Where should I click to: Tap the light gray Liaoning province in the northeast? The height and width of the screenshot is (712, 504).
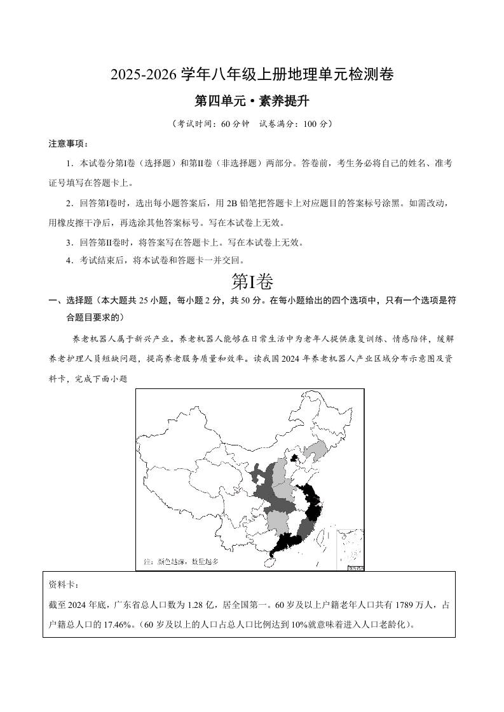tap(316, 452)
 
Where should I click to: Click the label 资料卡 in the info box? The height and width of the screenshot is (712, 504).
tap(62, 584)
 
